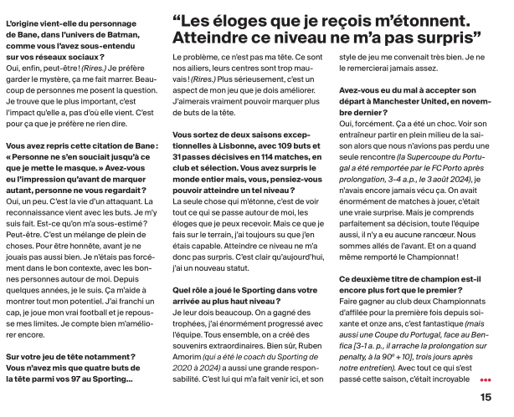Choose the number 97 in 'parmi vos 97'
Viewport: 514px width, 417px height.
coord(102,381)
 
